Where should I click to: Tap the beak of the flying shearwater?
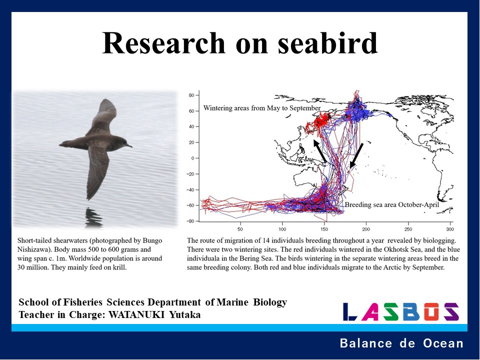130,146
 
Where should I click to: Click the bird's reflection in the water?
94,217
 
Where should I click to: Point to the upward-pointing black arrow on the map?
320,151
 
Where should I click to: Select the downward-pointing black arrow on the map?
356,155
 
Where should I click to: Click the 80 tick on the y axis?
190,95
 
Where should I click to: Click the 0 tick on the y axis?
192,158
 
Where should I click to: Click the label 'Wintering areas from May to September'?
262,108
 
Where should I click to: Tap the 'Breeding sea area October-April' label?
391,205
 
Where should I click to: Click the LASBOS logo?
400,311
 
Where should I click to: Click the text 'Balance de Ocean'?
401,343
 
